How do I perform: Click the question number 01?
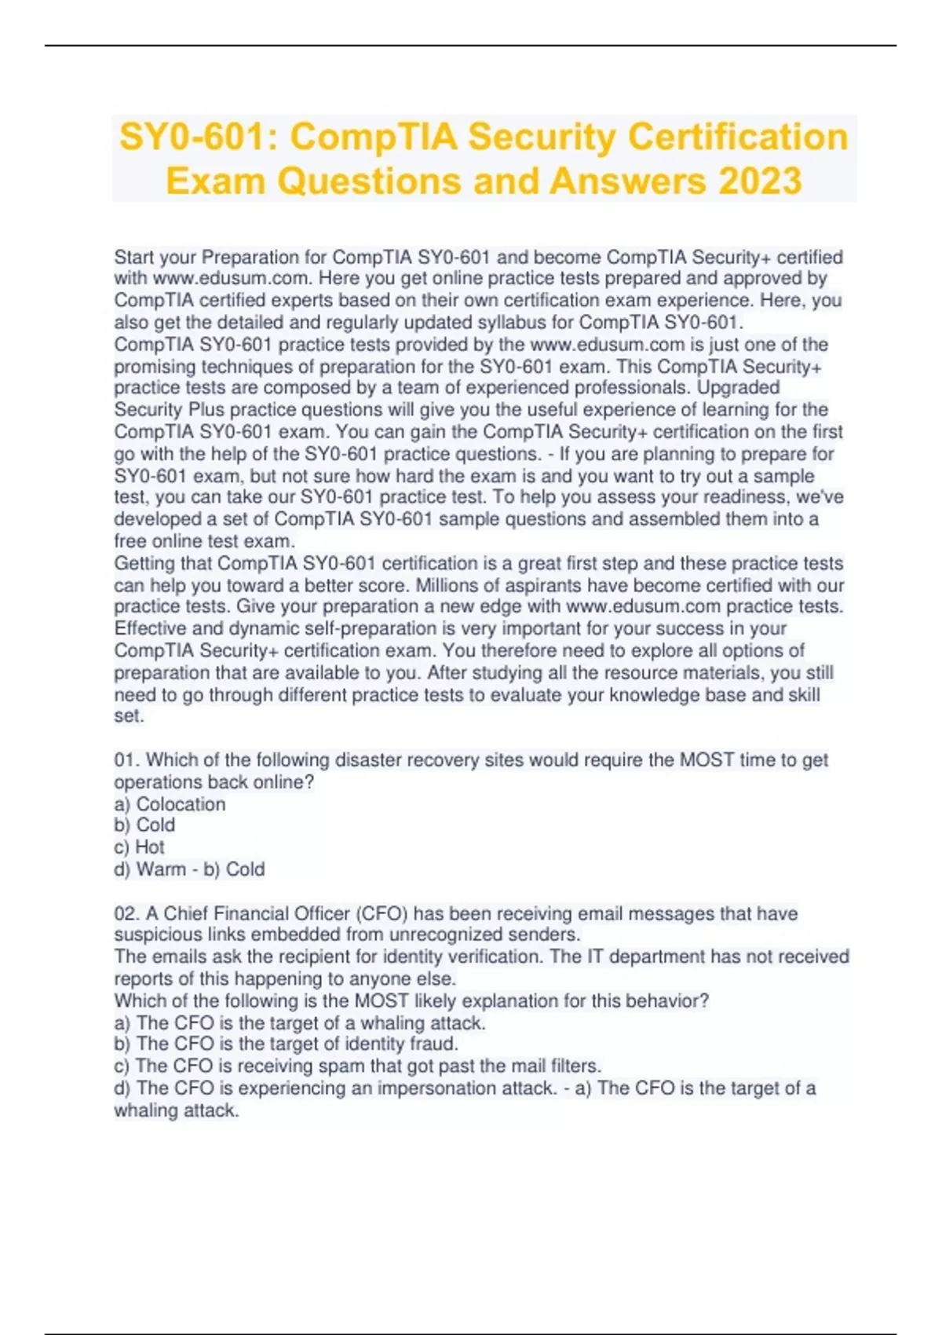(x=126, y=759)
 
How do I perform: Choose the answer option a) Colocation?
(x=170, y=803)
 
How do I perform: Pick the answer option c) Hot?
(x=140, y=847)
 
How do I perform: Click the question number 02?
(x=126, y=913)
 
